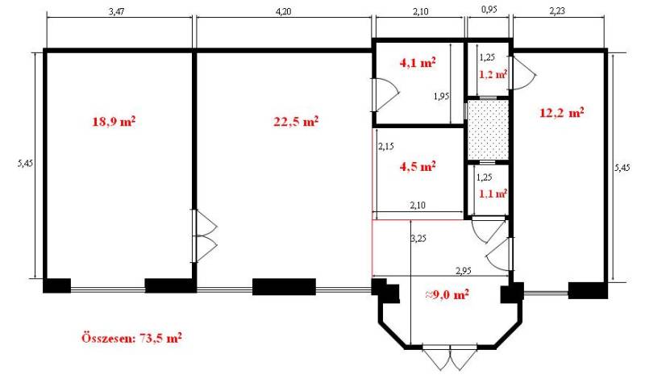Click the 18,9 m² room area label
click(114, 122)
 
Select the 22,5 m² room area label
click(296, 122)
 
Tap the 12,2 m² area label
click(562, 112)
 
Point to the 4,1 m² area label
click(418, 63)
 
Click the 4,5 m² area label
click(418, 167)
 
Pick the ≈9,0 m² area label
click(447, 294)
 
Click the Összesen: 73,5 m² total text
click(131, 338)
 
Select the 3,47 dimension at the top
click(116, 11)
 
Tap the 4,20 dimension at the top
click(283, 11)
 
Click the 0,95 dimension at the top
click(489, 10)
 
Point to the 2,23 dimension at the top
click(557, 11)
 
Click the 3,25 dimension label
click(418, 238)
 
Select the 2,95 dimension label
click(464, 271)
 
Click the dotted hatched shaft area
click(488, 130)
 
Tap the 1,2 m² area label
click(493, 74)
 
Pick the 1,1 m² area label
click(493, 193)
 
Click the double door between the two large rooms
click(205, 235)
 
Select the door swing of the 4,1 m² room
click(386, 94)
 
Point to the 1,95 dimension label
click(441, 96)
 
